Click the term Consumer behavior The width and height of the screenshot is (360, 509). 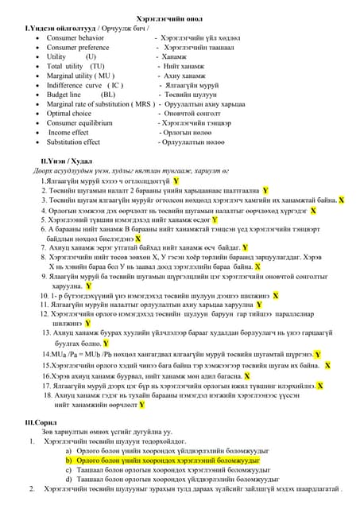75,37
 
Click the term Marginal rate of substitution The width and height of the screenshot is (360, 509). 88,103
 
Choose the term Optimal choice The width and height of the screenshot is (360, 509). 68,113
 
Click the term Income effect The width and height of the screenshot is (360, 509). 68,133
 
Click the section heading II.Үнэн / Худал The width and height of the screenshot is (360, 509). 58,161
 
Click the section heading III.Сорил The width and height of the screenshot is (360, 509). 42,422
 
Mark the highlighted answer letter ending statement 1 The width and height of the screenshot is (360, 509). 176,181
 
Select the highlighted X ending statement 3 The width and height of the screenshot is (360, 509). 342,201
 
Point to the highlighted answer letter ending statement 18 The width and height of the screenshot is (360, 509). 141,404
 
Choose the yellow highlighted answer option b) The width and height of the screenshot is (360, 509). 163,460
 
